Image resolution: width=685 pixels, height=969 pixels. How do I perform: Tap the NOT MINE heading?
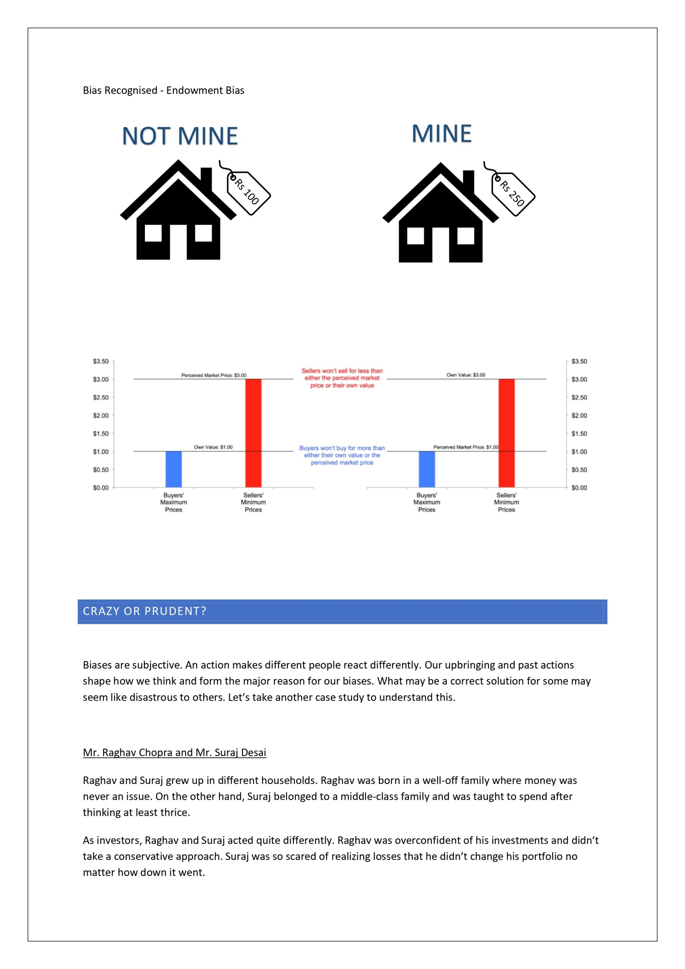pos(180,136)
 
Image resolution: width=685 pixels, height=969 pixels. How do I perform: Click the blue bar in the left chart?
pos(173,469)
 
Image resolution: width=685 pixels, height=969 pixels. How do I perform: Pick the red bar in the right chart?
pos(506,433)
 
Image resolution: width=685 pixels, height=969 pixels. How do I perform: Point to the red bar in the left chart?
pos(253,433)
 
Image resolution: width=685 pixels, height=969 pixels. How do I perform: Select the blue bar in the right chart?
pos(427,469)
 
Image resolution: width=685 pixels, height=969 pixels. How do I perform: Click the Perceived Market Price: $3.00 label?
pos(213,375)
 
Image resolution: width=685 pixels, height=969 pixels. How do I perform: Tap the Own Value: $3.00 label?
pos(466,375)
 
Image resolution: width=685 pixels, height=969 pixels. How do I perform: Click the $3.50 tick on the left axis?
pos(101,361)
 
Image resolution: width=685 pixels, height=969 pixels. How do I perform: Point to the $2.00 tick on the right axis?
pos(579,415)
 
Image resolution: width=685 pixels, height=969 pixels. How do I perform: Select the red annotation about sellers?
pos(342,378)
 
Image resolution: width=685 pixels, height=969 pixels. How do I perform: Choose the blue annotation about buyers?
pos(342,455)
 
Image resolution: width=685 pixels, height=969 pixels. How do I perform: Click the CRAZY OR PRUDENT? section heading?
pos(144,611)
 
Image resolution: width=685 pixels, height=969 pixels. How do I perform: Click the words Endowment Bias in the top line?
pos(205,90)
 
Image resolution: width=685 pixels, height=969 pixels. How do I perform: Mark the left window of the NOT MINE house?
pos(153,233)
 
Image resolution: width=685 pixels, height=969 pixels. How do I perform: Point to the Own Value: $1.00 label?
pos(213,447)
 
